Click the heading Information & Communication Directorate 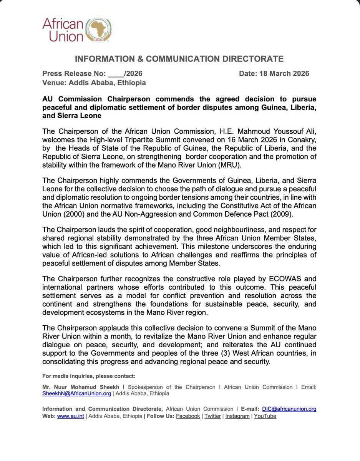[x=179, y=59]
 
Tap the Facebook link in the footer [x=188, y=416]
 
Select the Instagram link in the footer [x=237, y=416]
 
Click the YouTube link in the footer [x=265, y=416]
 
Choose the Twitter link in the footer [x=212, y=416]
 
